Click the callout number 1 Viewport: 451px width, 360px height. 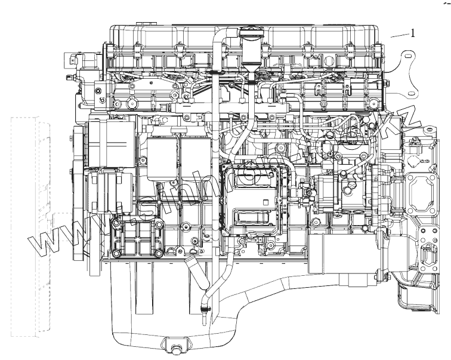[x=412, y=33]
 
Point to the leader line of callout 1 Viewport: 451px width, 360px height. [x=399, y=36]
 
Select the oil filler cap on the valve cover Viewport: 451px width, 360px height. [x=249, y=33]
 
